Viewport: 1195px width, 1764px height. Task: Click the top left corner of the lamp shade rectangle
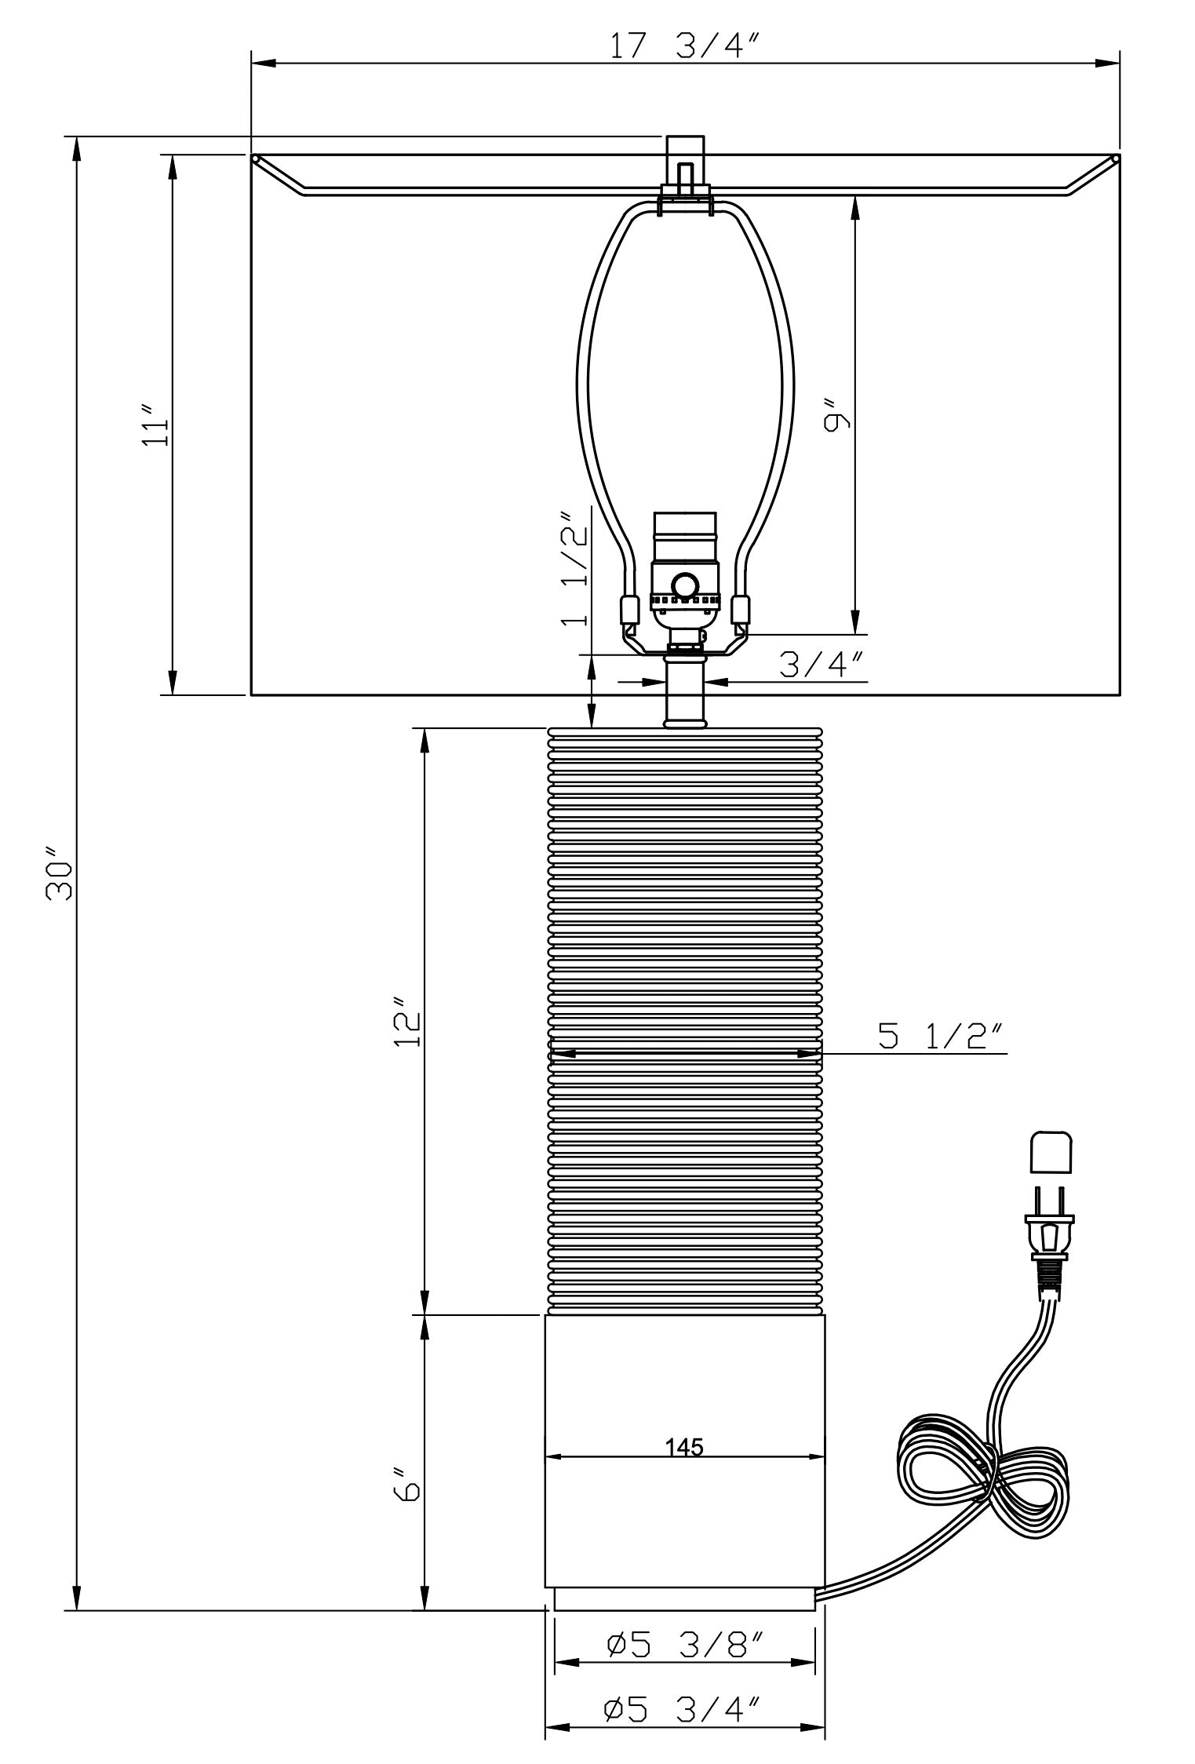click(251, 155)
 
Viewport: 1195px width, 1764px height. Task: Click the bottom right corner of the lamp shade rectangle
click(1120, 694)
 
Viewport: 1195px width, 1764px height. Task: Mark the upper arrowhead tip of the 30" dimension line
click(76, 137)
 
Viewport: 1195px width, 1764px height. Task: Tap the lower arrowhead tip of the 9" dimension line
click(855, 633)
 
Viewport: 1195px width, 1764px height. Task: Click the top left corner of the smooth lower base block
click(545, 1316)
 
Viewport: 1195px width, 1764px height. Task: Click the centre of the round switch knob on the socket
click(684, 585)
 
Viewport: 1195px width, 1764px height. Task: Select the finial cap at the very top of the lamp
click(685, 150)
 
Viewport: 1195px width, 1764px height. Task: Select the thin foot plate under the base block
click(685, 1598)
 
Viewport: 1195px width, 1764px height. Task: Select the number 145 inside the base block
click(684, 1446)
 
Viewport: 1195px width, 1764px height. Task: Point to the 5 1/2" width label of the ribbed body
click(941, 1037)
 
